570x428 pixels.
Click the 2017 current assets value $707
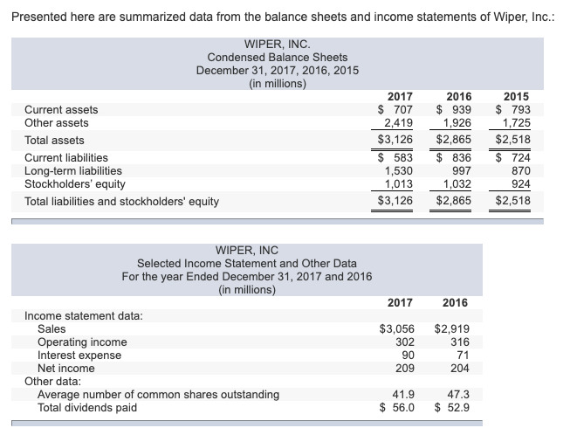pos(395,109)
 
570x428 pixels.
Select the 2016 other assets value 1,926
pos(453,123)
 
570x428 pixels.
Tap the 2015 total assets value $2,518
pos(512,140)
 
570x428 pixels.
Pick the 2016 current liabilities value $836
pos(453,158)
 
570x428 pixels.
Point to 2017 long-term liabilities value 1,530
pos(399,171)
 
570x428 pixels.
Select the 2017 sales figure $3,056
pos(395,329)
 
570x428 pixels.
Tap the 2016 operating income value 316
pos(457,342)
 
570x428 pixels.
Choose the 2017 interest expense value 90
pos(406,356)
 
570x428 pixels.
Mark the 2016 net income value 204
pos(457,369)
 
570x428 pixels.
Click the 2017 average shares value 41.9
pos(402,395)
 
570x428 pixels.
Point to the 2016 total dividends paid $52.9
pos(451,408)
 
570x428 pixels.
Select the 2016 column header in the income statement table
pos(454,302)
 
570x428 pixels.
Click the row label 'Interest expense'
pos(79,356)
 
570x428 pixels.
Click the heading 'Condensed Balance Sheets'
pos(277,57)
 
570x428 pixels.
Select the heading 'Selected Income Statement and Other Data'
pos(246,263)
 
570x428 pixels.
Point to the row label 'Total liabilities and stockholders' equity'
pos(121,202)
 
